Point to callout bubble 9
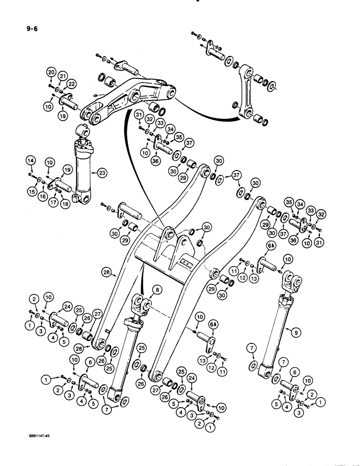point(294,332)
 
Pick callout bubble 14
point(30,161)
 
